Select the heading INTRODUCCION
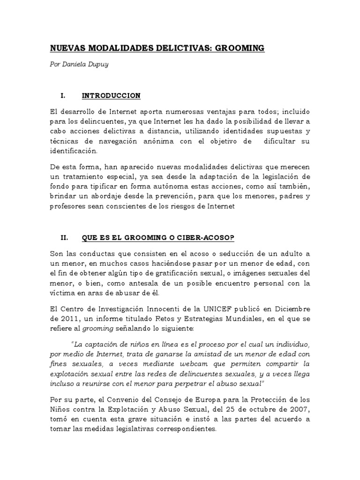(111, 96)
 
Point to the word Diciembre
(293, 309)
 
